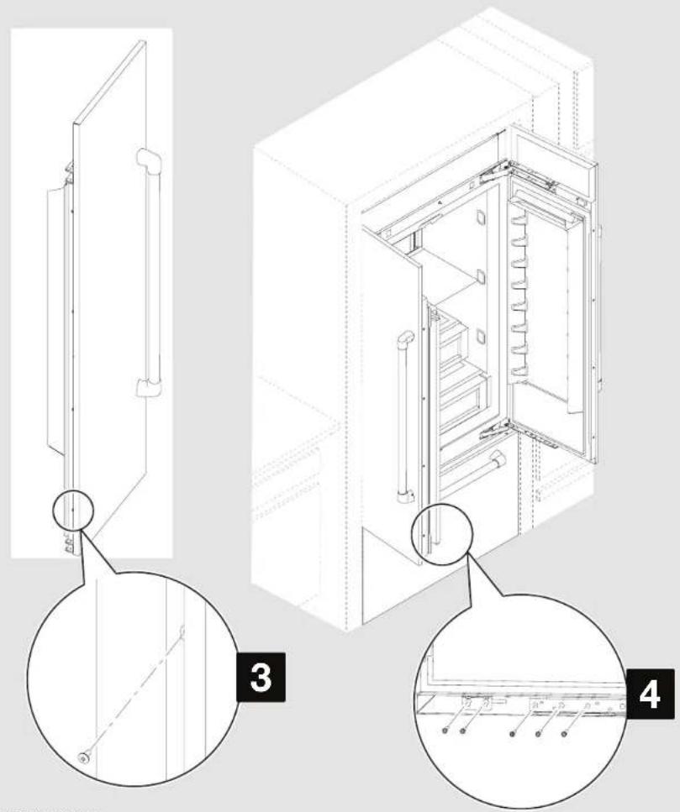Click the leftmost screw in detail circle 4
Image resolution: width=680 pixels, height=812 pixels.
click(444, 708)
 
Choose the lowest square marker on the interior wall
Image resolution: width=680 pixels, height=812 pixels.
click(480, 338)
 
